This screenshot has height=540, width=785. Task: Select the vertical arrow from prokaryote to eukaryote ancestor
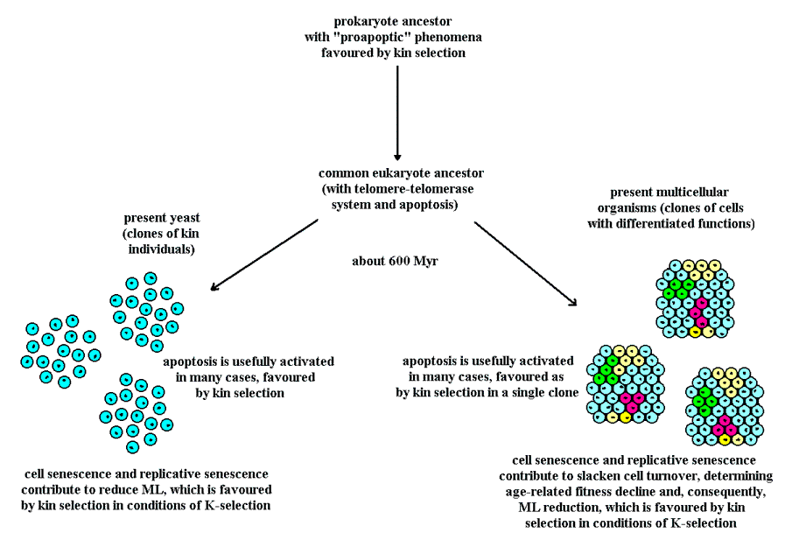point(397,109)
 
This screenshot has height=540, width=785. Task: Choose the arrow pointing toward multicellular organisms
point(525,263)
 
